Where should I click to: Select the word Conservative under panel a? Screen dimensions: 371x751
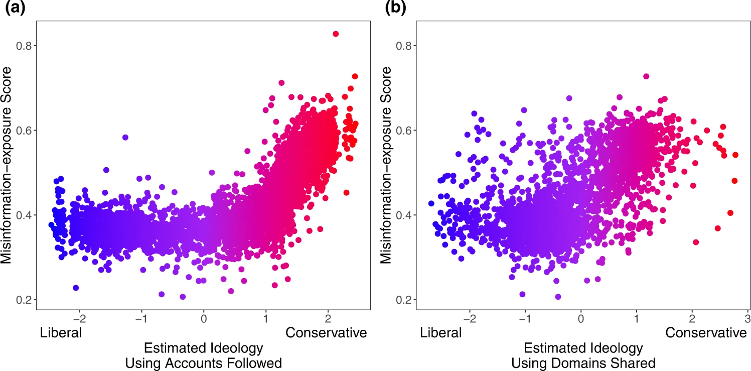pos(326,332)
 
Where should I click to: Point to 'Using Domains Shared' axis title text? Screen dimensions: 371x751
pos(583,362)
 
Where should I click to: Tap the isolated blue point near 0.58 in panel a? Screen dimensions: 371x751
pos(125,137)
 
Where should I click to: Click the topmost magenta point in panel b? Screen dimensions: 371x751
pos(646,76)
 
